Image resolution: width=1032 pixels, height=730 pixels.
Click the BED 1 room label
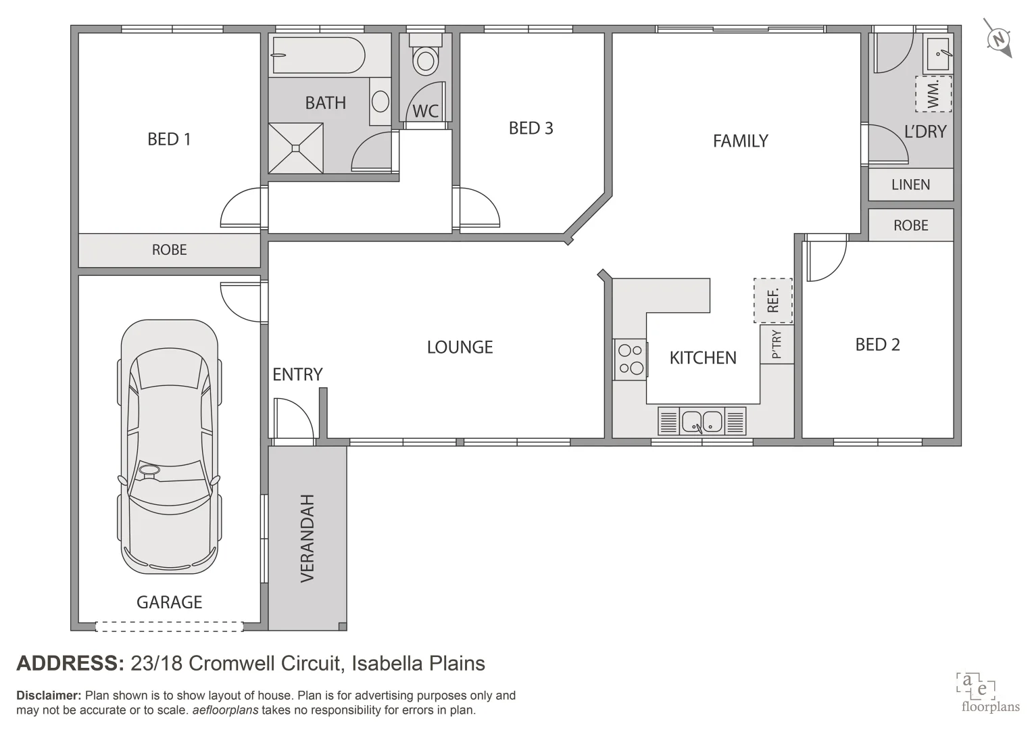(x=169, y=139)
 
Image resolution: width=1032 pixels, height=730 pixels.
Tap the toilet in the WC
(x=425, y=56)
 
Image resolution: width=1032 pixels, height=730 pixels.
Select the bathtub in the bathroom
(x=318, y=55)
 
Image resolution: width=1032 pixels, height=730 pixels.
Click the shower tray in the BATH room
(x=296, y=147)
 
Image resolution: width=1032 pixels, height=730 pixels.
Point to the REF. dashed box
(x=773, y=300)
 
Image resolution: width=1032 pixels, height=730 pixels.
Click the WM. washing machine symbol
(x=933, y=94)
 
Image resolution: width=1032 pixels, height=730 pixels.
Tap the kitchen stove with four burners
(x=631, y=359)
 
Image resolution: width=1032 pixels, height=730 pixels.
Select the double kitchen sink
(x=702, y=421)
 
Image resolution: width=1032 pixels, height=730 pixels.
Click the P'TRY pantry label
(x=777, y=345)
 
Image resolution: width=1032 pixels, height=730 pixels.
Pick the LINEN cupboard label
(x=910, y=185)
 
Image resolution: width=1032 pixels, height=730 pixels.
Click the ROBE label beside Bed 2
(x=910, y=225)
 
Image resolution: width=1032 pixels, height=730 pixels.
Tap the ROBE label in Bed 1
(x=169, y=249)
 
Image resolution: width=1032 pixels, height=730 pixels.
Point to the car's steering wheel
(x=149, y=470)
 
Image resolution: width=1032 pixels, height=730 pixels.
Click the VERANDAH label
(x=308, y=538)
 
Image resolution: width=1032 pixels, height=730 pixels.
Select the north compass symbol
(x=998, y=39)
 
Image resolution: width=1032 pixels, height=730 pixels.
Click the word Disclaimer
(x=49, y=695)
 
